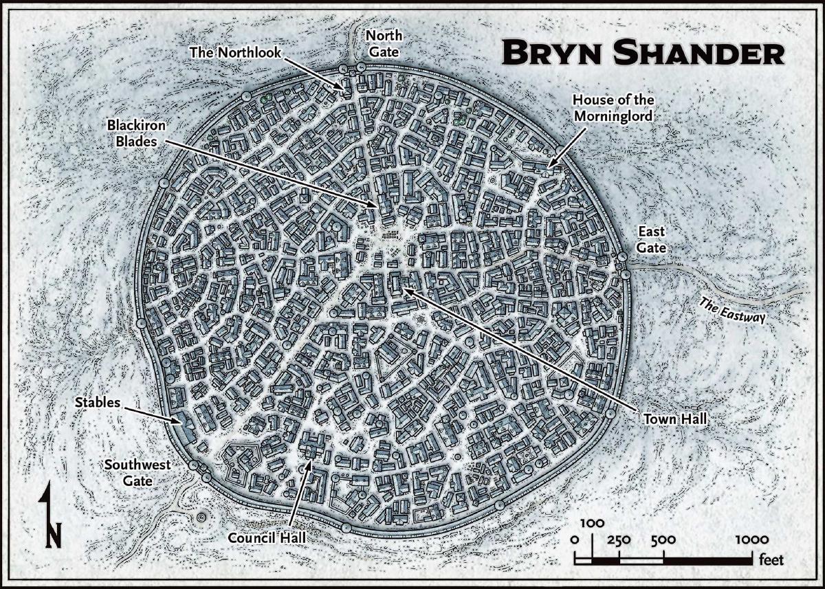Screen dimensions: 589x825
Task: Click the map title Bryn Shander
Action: click(x=642, y=53)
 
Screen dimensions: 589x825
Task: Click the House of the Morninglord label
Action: click(x=612, y=109)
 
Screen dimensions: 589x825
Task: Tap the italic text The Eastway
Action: click(x=731, y=309)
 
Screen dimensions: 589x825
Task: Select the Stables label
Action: click(x=98, y=402)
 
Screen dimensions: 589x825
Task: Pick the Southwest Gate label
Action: click(x=129, y=473)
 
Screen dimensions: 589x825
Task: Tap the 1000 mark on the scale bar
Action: click(x=751, y=540)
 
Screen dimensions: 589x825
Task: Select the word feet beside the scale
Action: click(x=771, y=560)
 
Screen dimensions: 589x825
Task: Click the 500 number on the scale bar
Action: click(x=663, y=540)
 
